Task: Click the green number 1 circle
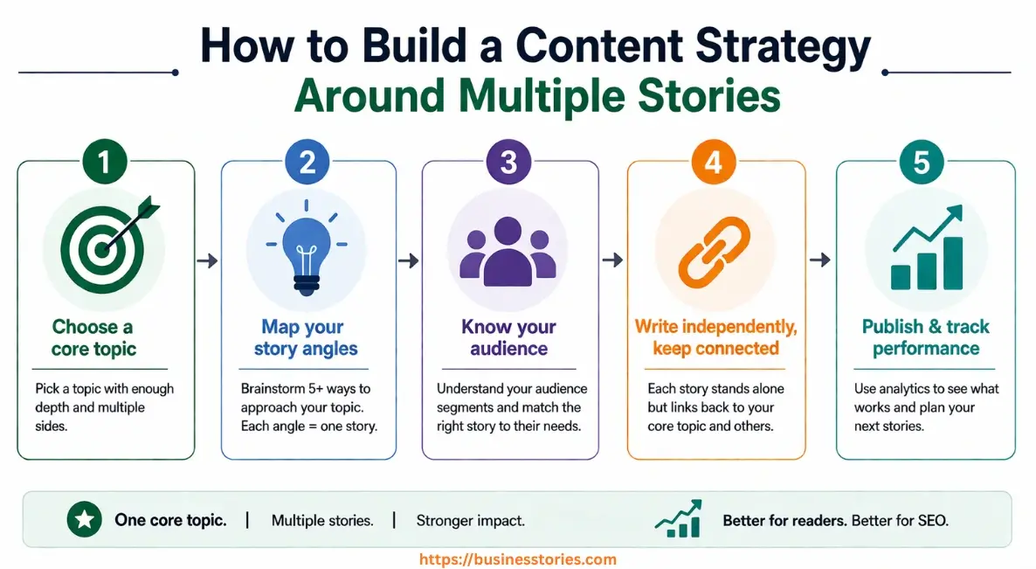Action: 106,163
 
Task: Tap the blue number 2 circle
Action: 307,163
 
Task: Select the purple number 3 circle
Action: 510,163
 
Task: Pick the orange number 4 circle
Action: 715,163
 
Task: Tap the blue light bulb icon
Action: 306,248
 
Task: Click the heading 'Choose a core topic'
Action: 93,337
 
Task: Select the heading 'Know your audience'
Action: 508,337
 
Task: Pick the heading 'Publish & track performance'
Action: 926,337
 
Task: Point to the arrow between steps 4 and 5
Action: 819,260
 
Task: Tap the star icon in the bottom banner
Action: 85,520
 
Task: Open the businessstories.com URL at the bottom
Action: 518,559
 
